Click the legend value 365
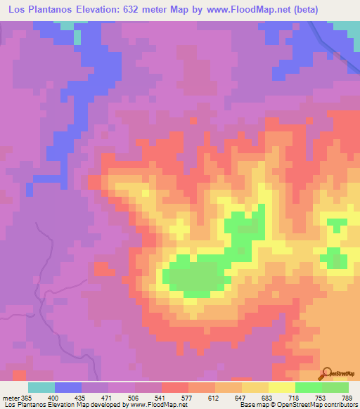tap(25, 396)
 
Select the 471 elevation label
tap(94, 396)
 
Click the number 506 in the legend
tap(121, 396)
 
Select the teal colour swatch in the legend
tap(41, 387)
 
